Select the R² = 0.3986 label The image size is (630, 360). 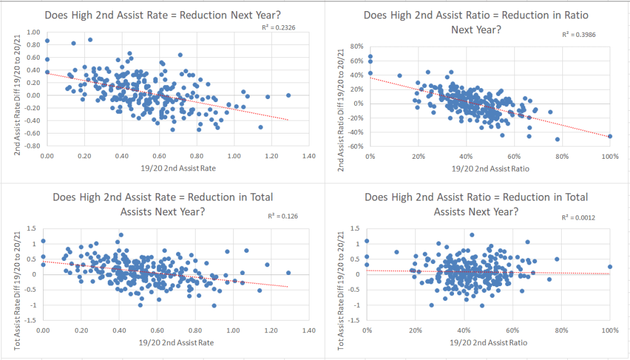pos(579,34)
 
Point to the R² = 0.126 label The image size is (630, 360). pos(281,216)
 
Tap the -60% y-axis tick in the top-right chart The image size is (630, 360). pos(355,146)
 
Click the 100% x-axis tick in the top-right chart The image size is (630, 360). pos(610,156)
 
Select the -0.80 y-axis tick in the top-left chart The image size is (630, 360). pos(31,146)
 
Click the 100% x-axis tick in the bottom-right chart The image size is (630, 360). pos(610,332)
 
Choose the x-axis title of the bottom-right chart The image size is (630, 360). pos(490,343)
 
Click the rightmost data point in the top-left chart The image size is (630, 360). pos(289,95)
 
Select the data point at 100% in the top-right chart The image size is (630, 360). pos(610,136)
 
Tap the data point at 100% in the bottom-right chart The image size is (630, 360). pos(610,267)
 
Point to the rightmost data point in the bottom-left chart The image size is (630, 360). pos(288,273)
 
